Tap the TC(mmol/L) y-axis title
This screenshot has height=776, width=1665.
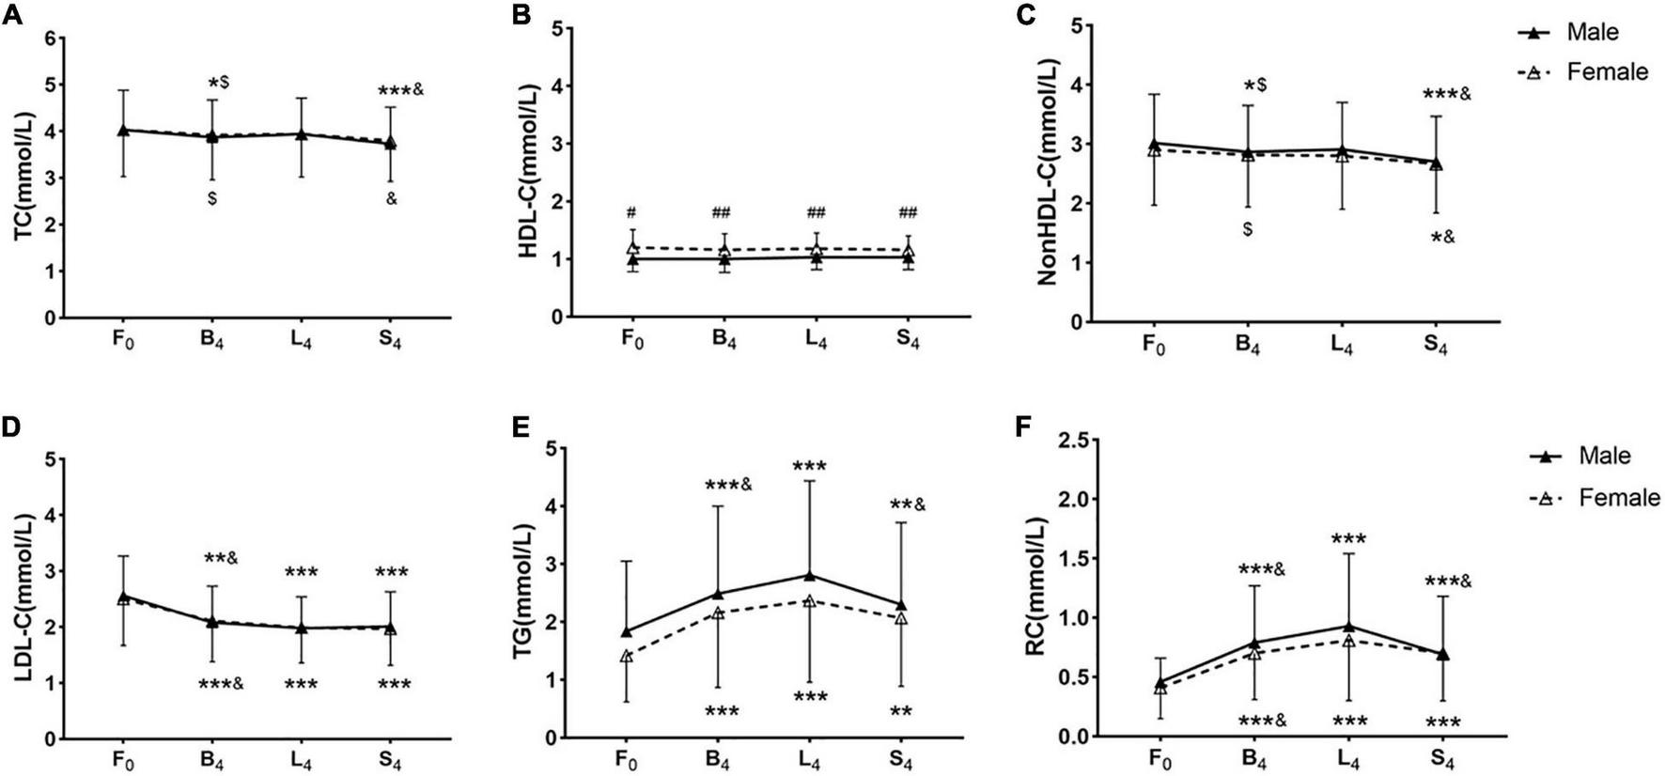point(20,178)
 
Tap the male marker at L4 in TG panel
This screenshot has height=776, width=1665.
point(809,575)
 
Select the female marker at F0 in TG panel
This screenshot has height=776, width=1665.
point(626,656)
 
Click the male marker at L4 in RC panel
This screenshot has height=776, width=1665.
point(1348,626)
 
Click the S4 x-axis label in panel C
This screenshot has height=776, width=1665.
point(1434,345)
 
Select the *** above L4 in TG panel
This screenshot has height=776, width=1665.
point(809,466)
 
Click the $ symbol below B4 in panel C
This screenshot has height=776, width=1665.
point(1247,229)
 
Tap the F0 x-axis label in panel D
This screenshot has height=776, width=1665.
point(123,760)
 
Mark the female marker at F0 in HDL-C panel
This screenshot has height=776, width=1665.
point(633,247)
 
